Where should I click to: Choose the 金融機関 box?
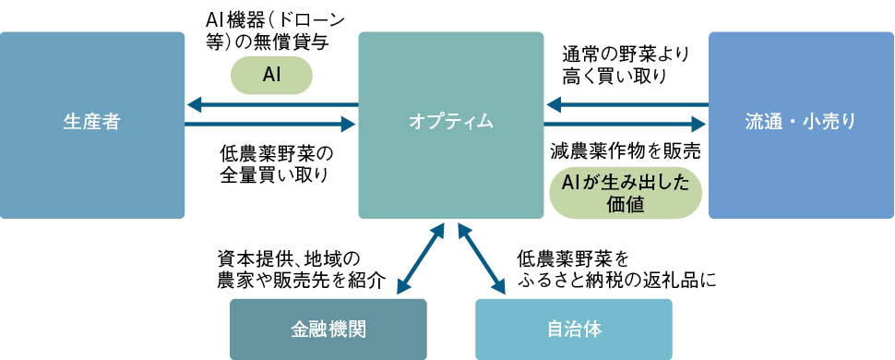(x=328, y=329)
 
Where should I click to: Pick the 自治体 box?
(x=573, y=329)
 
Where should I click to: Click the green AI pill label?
(x=271, y=75)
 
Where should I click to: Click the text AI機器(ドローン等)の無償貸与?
(x=271, y=30)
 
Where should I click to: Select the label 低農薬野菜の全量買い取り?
(x=275, y=162)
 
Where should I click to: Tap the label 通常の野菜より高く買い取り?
(x=626, y=66)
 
